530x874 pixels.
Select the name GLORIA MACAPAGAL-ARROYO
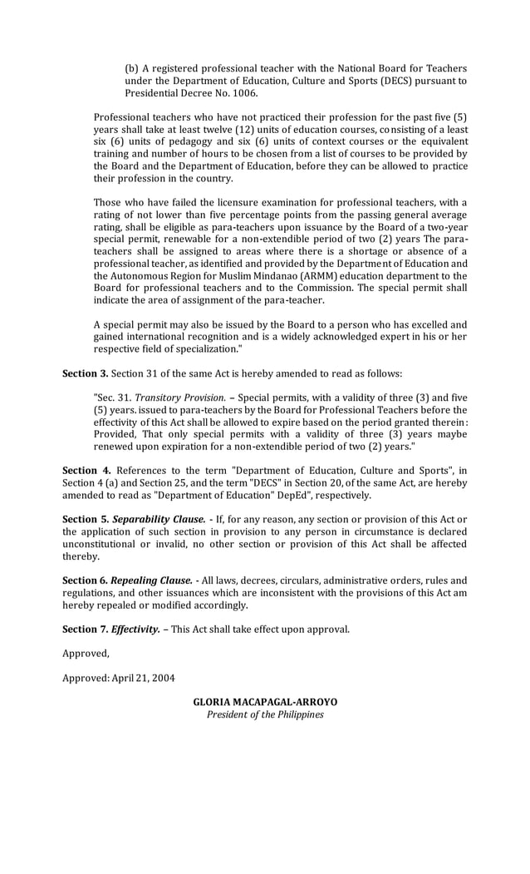tap(265, 702)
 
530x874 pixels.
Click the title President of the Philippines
tap(265, 714)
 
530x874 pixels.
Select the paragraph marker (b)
tap(132, 68)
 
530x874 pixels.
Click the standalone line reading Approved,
tap(86, 654)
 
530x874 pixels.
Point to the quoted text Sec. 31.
tap(112, 397)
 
